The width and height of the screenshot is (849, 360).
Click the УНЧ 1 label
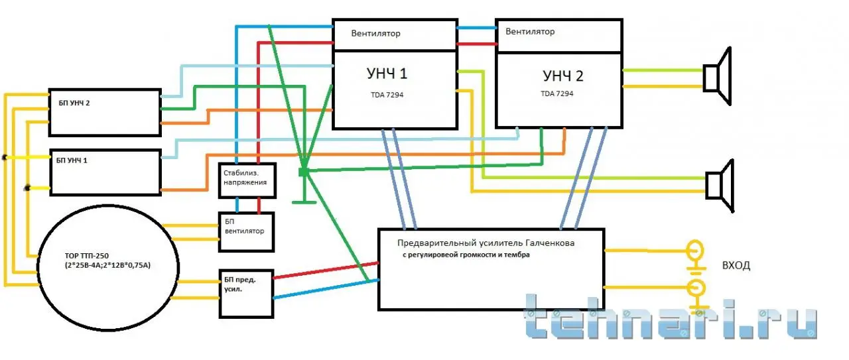[x=387, y=74]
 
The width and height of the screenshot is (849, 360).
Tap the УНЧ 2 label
[x=563, y=76]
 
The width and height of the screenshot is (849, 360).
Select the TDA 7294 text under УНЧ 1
[x=387, y=95]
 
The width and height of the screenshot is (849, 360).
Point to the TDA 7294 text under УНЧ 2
[x=556, y=93]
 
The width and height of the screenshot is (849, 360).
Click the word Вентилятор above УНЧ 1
[x=375, y=33]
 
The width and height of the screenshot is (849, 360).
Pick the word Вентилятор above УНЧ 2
[x=530, y=31]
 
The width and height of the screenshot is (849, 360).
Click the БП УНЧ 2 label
[x=74, y=103]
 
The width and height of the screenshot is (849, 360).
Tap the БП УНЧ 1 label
[x=72, y=160]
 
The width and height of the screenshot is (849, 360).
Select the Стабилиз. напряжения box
[x=247, y=180]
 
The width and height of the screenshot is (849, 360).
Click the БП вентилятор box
[x=246, y=232]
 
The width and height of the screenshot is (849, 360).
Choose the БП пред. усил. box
[x=246, y=294]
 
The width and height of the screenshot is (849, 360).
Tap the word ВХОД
[x=736, y=265]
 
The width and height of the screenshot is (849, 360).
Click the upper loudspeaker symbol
[x=717, y=76]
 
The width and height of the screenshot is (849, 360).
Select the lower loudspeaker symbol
[x=720, y=186]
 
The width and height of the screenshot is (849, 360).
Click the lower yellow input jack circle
[x=696, y=288]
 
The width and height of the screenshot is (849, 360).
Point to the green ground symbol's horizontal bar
[x=304, y=202]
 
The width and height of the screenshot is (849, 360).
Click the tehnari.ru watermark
[x=670, y=316]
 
